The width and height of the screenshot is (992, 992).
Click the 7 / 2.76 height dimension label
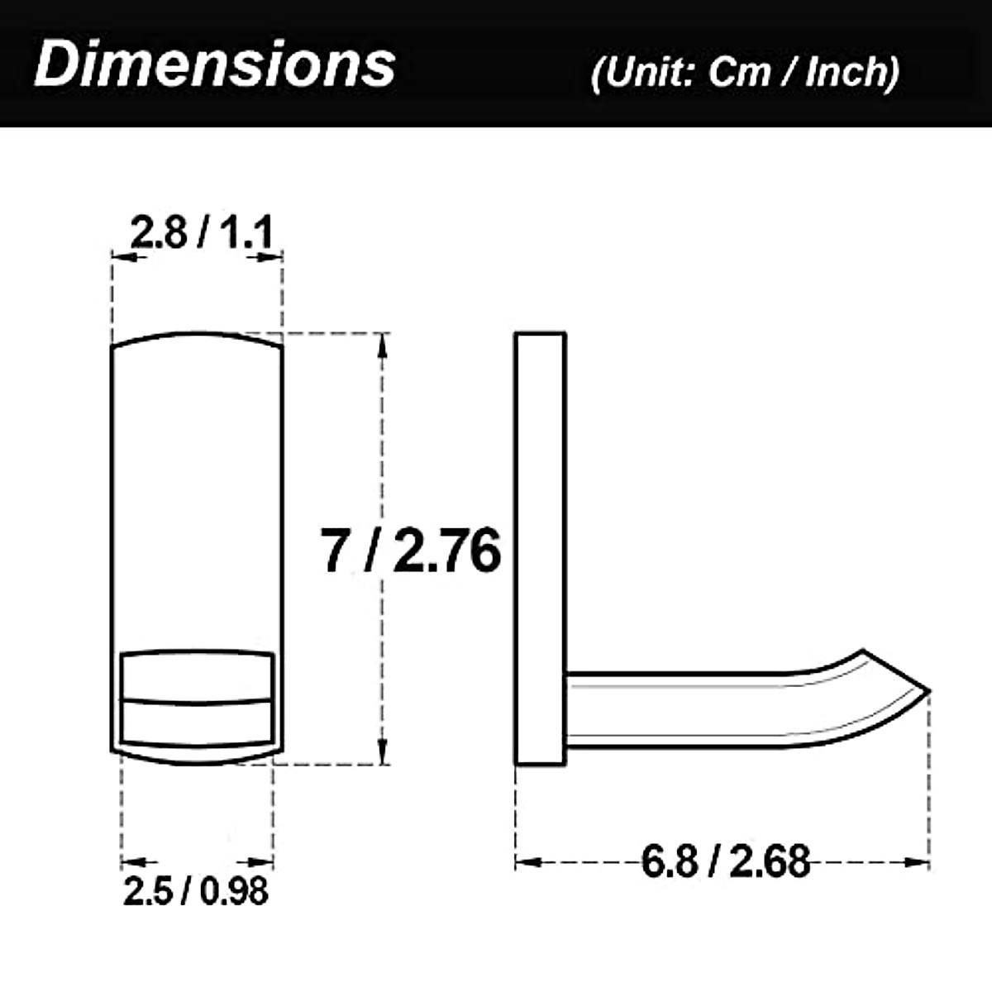tap(411, 550)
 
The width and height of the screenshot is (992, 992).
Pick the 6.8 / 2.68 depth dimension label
tap(726, 861)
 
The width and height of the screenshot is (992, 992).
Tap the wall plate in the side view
tap(541, 548)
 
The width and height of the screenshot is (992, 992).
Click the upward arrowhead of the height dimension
tap(382, 346)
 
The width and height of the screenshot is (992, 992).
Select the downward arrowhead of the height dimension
tap(382, 751)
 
